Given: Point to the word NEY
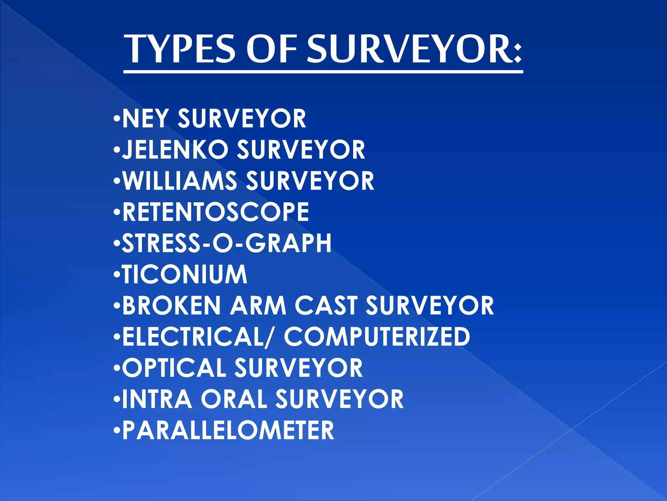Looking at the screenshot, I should click(x=146, y=119).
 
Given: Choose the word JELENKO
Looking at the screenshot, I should click(x=175, y=150).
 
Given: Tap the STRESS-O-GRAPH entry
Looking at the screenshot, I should click(x=227, y=243).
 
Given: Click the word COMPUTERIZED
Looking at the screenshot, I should click(x=377, y=337).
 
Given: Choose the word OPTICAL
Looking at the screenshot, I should click(x=174, y=368).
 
